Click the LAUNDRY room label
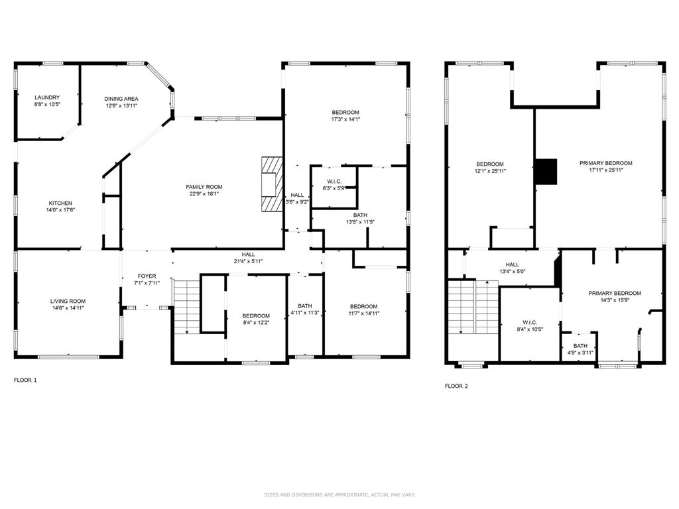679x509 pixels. tap(47, 97)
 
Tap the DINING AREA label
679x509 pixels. tap(121, 99)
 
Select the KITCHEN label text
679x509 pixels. tap(60, 203)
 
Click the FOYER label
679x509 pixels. tap(147, 276)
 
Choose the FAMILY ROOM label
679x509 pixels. tap(204, 187)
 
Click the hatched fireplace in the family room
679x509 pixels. tap(271, 184)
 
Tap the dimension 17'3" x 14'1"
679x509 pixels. tap(345, 120)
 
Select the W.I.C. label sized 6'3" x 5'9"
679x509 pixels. tap(335, 182)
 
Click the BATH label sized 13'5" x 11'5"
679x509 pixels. tap(360, 215)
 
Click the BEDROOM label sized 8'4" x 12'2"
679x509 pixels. tap(255, 315)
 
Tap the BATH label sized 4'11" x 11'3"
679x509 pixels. tap(305, 306)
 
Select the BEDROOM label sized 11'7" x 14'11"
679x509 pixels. tap(364, 306)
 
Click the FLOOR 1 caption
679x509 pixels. tap(26, 380)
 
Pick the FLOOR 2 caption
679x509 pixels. tap(456, 386)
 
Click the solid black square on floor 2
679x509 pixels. tap(547, 172)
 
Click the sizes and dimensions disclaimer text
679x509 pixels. tap(339, 494)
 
